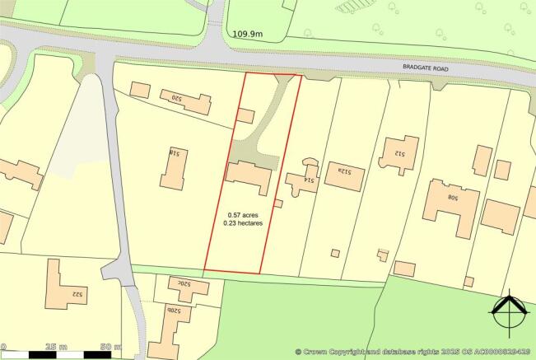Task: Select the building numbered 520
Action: coord(186,101)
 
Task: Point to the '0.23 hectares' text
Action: coord(245,225)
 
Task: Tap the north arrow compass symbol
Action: coord(508,316)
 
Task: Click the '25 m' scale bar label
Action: coord(57,345)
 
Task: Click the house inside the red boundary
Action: coord(249,175)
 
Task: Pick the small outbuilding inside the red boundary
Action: coord(245,116)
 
